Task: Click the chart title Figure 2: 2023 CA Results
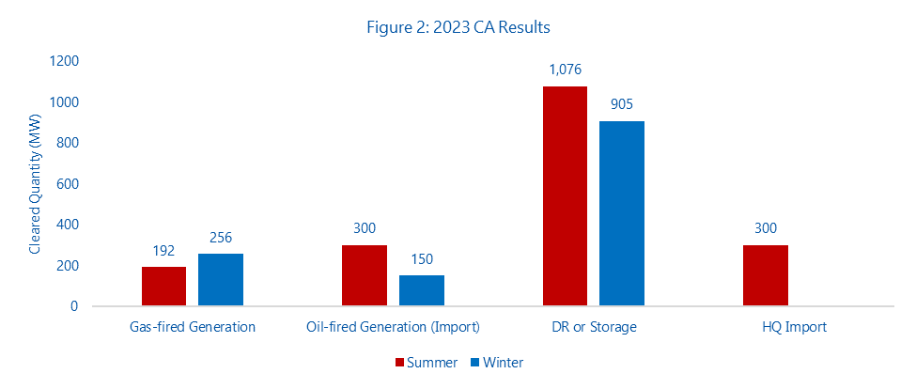pyautogui.click(x=458, y=27)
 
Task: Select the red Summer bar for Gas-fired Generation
pyautogui.click(x=163, y=287)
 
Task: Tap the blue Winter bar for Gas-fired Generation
pyautogui.click(x=221, y=280)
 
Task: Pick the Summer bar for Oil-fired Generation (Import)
pyautogui.click(x=365, y=275)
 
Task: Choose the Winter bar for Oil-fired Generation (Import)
pyautogui.click(x=422, y=290)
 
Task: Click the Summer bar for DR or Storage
pyautogui.click(x=566, y=196)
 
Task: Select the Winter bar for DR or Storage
pyautogui.click(x=622, y=213)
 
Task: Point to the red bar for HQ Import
pyautogui.click(x=766, y=275)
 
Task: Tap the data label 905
pyautogui.click(x=622, y=103)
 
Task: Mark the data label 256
pyautogui.click(x=221, y=237)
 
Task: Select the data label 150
pyautogui.click(x=422, y=258)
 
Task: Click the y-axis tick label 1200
pyautogui.click(x=65, y=61)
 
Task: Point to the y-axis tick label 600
pyautogui.click(x=69, y=184)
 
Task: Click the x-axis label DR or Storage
pyautogui.click(x=593, y=327)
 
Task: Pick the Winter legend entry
pyautogui.click(x=497, y=362)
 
